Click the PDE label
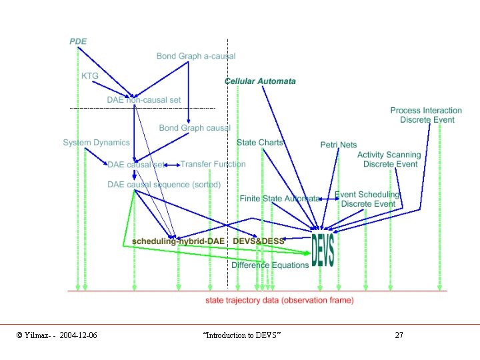click(x=78, y=41)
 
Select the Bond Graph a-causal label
click(x=196, y=56)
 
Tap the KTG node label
click(x=90, y=76)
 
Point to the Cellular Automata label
click(x=260, y=81)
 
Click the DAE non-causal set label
click(x=144, y=100)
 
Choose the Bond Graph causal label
click(x=195, y=128)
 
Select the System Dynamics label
click(x=97, y=143)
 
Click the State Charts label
click(x=260, y=143)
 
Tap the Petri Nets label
click(x=339, y=145)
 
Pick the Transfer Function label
click(x=213, y=164)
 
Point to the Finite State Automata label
click(x=279, y=199)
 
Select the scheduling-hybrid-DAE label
click(x=178, y=241)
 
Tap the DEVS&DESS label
click(x=258, y=241)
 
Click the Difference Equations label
click(x=270, y=265)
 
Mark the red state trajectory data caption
click(x=280, y=301)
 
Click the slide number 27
click(x=399, y=335)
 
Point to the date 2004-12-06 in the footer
click(x=78, y=335)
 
